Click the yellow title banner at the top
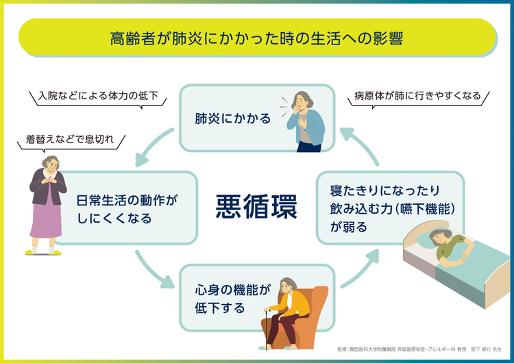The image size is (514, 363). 257,38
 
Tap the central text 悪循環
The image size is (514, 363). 256,206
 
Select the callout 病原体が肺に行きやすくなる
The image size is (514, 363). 418,96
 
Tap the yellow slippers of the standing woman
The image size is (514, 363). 42,252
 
